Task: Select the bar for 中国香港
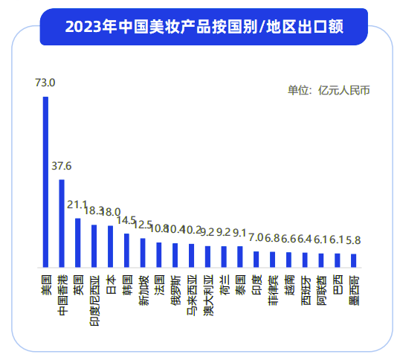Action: pos(62,222)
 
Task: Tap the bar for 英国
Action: pos(78,242)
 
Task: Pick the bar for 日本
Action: pos(110,245)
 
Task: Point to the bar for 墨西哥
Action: pos(354,260)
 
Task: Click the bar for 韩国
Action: pos(126,250)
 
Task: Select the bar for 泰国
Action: pos(240,256)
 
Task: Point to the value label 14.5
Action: pos(126,221)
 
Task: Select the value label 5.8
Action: pos(354,240)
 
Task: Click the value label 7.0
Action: pos(257,238)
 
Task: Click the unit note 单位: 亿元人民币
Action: pos(329,91)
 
